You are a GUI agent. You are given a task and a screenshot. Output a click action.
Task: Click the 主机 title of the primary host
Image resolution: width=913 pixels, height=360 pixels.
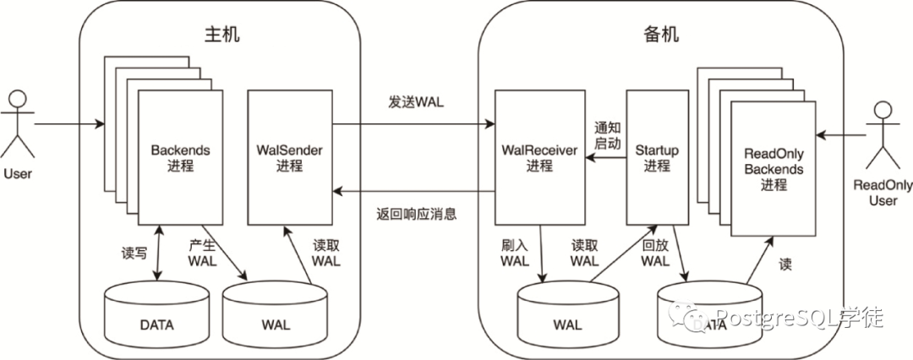[221, 35]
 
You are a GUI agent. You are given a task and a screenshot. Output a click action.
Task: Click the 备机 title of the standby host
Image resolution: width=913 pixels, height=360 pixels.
[661, 35]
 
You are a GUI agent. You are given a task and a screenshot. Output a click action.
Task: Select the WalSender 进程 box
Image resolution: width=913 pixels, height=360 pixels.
[289, 157]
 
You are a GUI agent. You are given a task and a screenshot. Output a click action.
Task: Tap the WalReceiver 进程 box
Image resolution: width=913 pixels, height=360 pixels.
[539, 157]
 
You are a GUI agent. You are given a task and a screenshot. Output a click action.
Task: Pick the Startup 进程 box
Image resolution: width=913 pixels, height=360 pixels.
[657, 157]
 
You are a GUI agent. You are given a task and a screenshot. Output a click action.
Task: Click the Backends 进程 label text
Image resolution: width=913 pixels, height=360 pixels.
[180, 158]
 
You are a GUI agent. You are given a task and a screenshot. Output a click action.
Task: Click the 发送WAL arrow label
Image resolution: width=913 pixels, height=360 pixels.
[416, 102]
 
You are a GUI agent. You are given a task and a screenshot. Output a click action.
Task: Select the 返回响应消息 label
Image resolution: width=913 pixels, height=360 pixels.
[416, 214]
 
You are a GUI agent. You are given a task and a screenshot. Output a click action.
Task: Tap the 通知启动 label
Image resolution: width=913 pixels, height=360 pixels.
[607, 134]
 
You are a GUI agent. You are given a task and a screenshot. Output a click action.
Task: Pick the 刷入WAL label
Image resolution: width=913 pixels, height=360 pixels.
[515, 253]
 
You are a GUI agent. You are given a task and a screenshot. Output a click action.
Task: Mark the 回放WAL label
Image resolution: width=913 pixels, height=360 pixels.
[655, 253]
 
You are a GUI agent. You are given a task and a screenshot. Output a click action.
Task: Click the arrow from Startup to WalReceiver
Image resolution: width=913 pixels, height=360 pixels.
[605, 157]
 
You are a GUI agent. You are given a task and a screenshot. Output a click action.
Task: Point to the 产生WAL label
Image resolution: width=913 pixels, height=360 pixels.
[202, 253]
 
